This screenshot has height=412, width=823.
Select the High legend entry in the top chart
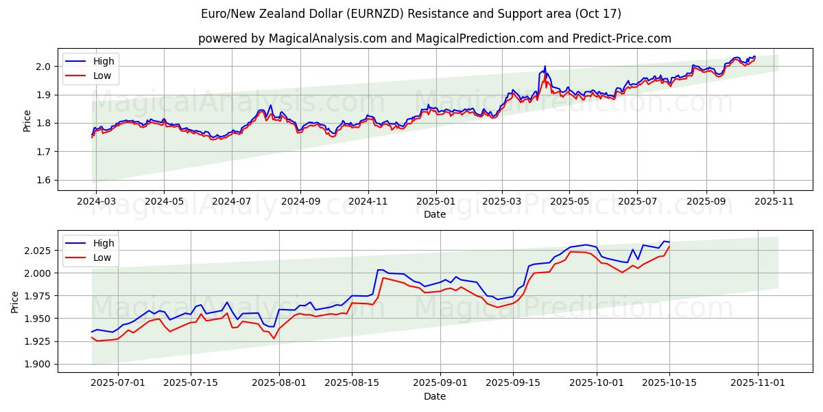pos(104,61)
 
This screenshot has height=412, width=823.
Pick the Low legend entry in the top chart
pos(102,76)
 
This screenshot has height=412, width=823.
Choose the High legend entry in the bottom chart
pos(104,243)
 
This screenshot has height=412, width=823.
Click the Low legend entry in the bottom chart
pos(102,257)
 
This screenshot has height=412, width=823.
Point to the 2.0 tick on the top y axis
pos(43,67)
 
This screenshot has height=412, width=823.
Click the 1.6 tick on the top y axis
pos(43,180)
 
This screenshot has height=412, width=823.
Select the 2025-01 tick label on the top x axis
pos(436,202)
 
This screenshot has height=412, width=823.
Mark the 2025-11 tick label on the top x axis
pos(774,202)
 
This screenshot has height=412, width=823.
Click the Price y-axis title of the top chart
pos(27,120)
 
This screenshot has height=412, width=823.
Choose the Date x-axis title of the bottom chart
pos(435,396)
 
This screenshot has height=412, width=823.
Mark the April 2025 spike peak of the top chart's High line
pos(545,67)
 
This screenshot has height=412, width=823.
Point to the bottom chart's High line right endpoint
pos(669,242)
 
